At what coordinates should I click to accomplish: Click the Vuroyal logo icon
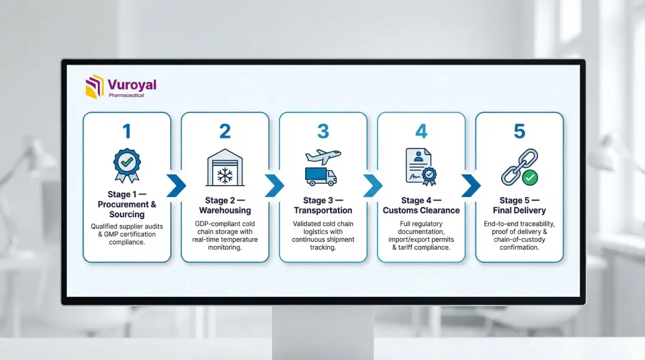94,86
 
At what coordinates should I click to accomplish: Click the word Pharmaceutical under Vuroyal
126,95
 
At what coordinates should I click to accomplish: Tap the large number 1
127,131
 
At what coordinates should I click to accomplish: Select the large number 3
323,131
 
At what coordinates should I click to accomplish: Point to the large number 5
520,131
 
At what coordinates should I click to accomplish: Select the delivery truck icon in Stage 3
321,176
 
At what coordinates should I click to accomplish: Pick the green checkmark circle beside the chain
529,177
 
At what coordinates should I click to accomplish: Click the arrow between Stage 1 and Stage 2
176,186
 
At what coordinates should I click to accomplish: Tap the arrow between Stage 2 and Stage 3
274,186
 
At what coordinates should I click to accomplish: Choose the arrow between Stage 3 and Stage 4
372,186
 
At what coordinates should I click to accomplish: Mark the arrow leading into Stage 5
471,186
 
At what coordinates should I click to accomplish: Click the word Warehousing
225,211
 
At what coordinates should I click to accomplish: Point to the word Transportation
323,211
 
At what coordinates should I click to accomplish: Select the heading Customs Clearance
421,211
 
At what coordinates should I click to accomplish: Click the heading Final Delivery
520,211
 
